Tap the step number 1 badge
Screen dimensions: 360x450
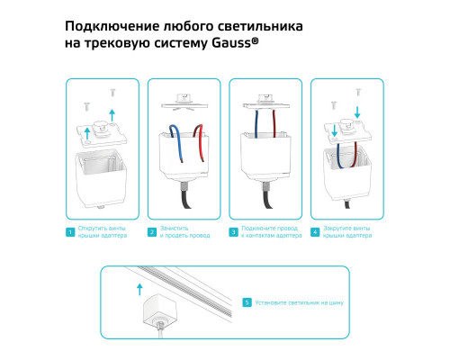point(69,232)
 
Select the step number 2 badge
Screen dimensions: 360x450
point(152,232)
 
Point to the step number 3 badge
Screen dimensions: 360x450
point(233,232)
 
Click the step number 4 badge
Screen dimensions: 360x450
point(314,232)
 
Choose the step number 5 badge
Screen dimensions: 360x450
point(247,302)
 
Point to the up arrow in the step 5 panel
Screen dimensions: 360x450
point(138,289)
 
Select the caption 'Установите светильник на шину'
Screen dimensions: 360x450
point(293,302)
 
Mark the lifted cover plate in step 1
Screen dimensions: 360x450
point(102,131)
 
